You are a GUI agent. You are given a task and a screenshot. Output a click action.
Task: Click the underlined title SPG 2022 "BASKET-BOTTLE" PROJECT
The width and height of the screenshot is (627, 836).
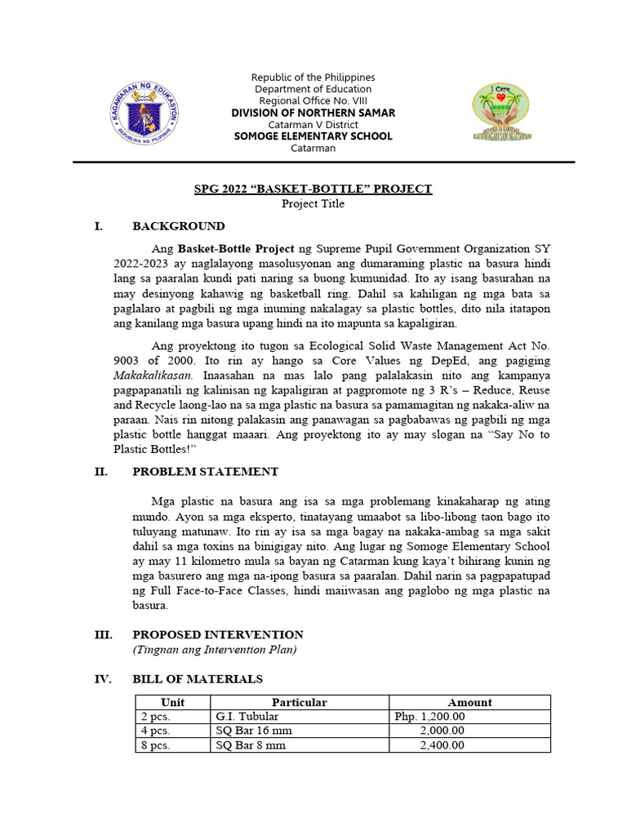coord(313,189)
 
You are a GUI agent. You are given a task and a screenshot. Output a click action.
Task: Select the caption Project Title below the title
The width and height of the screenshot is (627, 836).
coord(313,204)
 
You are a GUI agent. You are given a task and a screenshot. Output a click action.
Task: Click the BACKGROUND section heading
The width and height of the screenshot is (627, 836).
coord(179,226)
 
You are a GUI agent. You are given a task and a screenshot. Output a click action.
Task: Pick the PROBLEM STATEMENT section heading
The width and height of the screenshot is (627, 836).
coord(205,472)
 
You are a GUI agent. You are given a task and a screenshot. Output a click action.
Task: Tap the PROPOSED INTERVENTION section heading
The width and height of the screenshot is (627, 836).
coord(218,634)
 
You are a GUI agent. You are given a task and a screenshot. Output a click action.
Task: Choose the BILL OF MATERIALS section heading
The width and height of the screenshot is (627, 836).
coord(198,679)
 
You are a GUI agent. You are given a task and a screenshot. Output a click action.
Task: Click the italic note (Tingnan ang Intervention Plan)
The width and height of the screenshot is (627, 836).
coord(215,650)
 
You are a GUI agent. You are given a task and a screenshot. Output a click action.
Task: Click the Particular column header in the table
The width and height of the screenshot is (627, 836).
coord(299,702)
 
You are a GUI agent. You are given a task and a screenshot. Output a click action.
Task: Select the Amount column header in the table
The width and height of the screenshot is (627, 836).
coord(469,702)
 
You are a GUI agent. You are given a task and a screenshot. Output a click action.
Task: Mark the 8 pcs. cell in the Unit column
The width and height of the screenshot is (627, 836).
coord(155,745)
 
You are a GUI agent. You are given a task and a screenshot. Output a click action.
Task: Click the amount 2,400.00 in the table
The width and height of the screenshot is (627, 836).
coord(442,745)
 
